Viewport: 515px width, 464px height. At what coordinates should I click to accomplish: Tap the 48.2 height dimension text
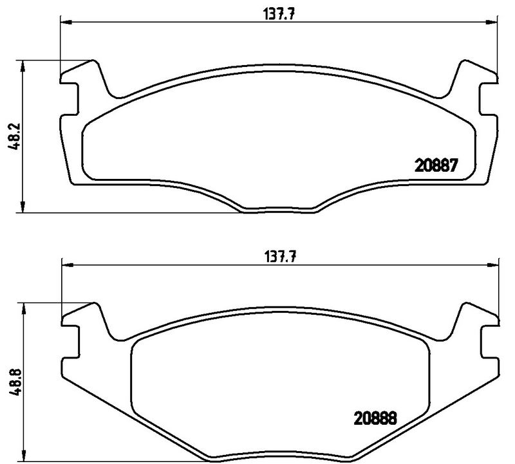(x=12, y=137)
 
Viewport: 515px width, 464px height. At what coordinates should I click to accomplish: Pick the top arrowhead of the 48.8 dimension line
(x=23, y=308)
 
